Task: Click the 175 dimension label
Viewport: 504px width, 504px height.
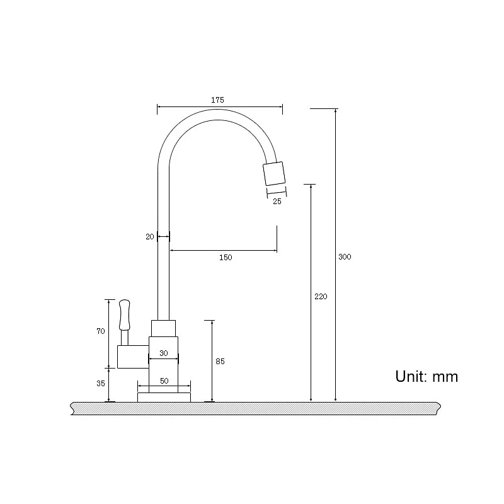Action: [217, 100]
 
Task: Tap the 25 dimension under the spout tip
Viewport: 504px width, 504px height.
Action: [277, 202]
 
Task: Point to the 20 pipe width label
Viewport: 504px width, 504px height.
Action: [149, 237]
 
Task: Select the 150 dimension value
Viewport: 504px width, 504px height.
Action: [226, 257]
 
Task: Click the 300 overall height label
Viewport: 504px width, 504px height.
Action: [345, 257]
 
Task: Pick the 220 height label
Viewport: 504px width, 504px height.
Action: [320, 297]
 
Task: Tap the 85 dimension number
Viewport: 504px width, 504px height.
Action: [220, 362]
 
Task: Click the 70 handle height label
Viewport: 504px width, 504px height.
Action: [101, 332]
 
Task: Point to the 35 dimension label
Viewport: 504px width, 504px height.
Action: [101, 383]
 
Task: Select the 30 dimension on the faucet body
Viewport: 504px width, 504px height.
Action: [163, 353]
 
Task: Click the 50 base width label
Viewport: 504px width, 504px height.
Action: [164, 381]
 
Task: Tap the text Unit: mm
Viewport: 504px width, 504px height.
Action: [427, 377]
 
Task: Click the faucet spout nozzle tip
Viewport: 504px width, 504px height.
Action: [274, 174]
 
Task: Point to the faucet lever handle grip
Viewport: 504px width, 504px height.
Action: [124, 314]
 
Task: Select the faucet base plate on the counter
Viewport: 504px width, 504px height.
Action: [164, 397]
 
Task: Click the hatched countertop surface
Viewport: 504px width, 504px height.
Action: [252, 408]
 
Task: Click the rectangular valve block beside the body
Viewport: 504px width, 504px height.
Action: [132, 357]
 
